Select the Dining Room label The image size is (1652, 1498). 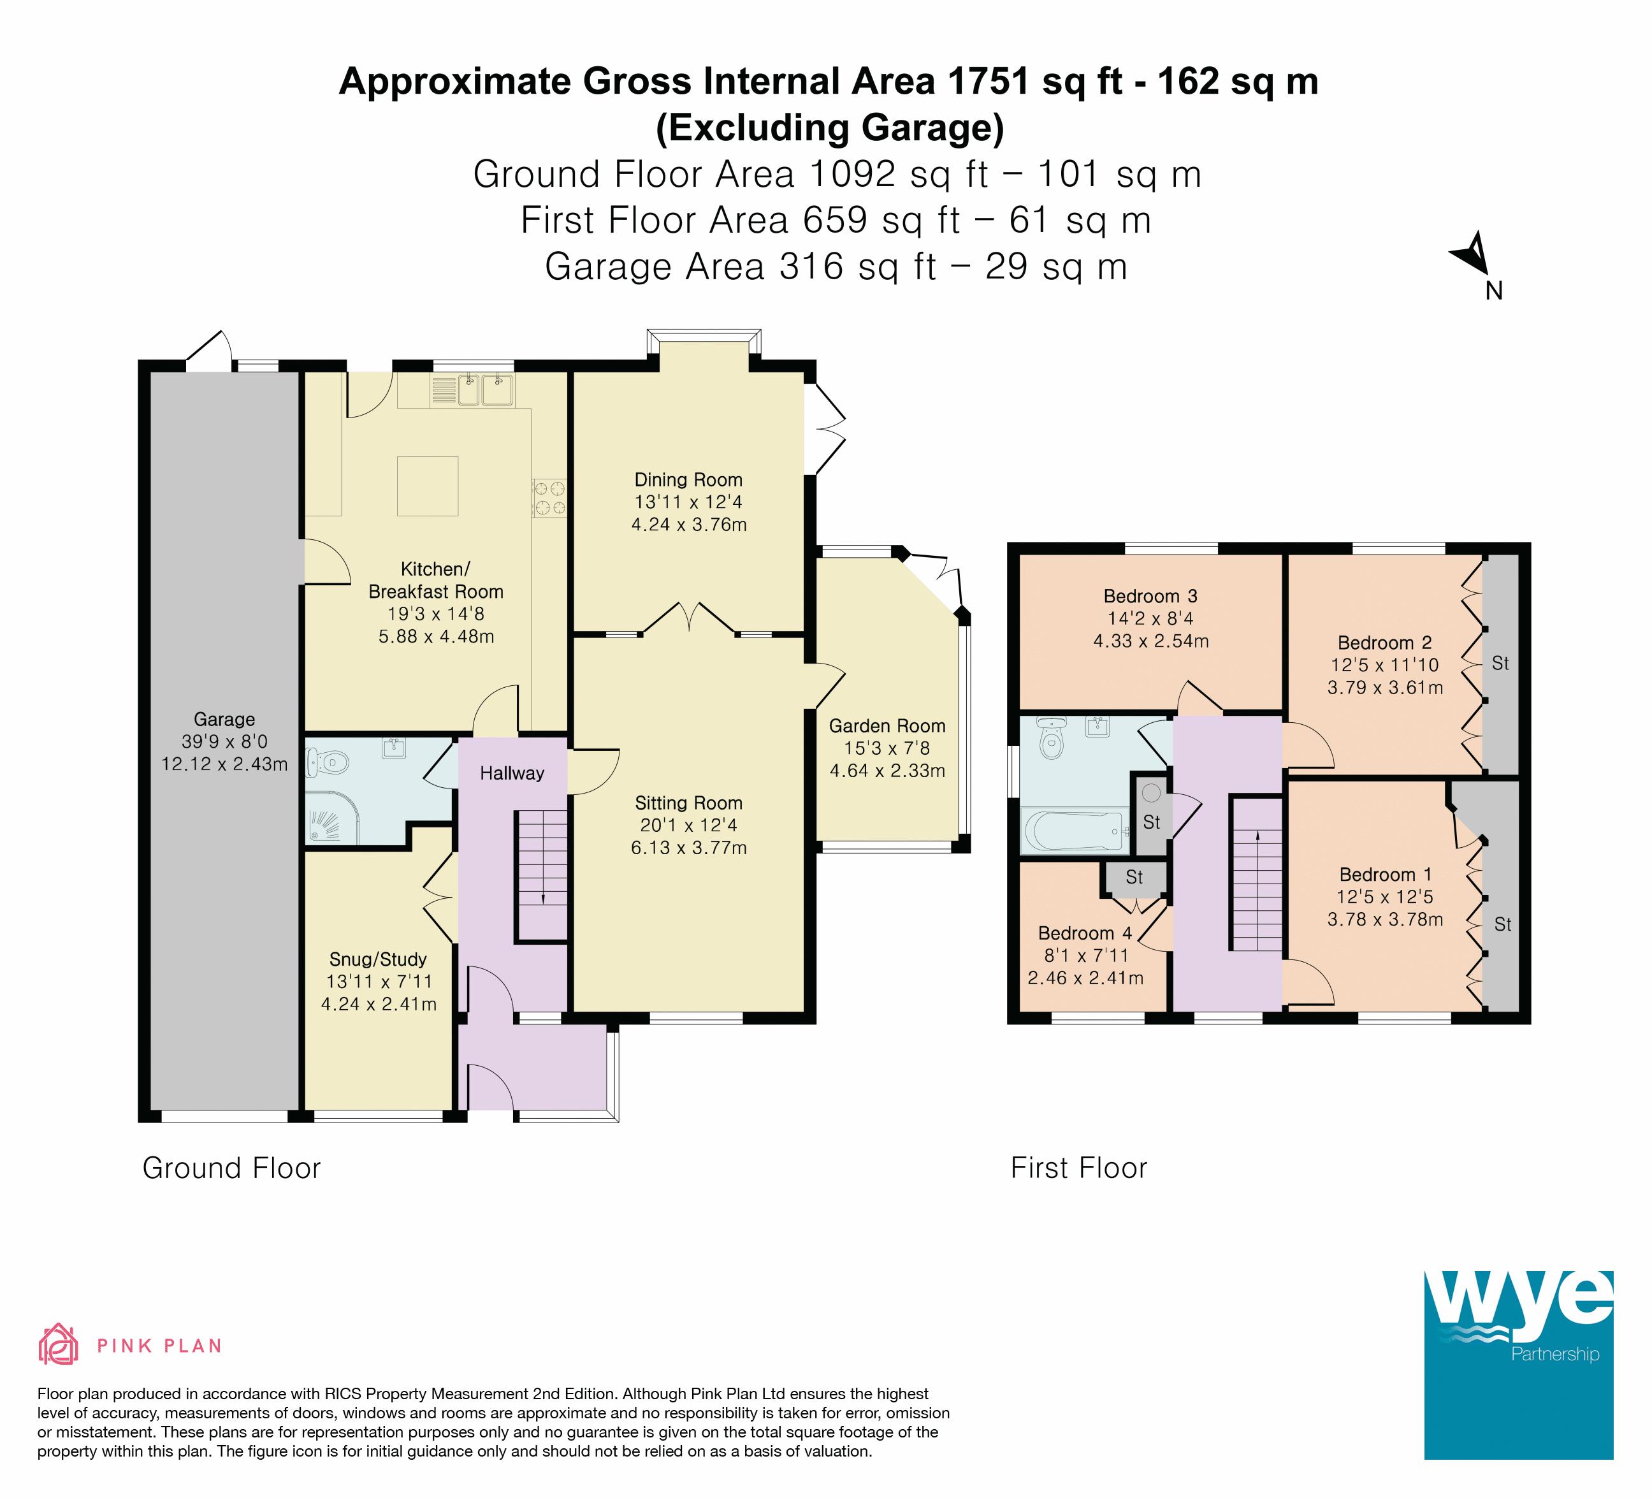(688, 479)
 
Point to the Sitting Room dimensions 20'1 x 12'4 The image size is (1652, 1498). (688, 825)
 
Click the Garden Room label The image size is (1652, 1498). (887, 725)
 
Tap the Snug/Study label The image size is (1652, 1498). (378, 959)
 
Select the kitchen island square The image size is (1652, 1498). (427, 486)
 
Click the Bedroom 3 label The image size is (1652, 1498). (1150, 596)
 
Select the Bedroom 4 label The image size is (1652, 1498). (1085, 933)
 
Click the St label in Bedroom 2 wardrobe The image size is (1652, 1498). (1500, 663)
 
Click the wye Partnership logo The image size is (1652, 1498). (1518, 1364)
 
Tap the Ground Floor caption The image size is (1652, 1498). (231, 1168)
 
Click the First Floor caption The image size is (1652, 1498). (1078, 1168)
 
